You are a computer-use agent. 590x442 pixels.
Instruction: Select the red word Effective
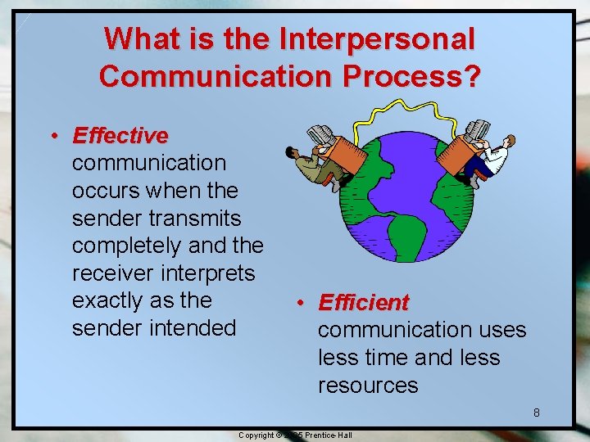tap(120, 135)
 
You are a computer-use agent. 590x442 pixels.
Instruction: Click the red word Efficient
tap(363, 303)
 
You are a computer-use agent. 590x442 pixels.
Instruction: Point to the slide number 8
tap(537, 413)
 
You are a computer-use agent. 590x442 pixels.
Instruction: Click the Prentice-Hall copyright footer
tap(295, 435)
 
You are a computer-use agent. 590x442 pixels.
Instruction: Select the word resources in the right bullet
tap(368, 386)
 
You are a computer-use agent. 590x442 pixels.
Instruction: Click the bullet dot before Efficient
tap(301, 304)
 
